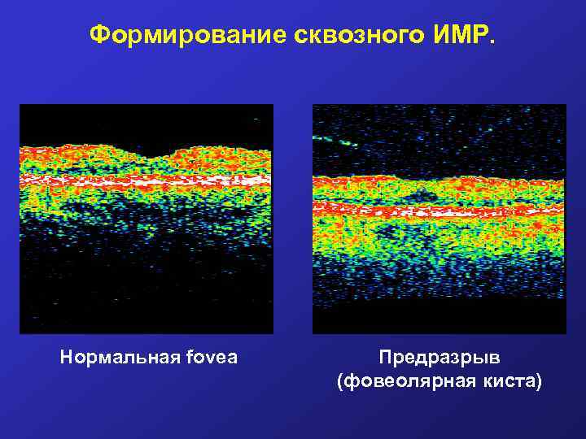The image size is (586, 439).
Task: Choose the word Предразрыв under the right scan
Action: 439,358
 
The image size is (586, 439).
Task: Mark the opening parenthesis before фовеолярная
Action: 340,380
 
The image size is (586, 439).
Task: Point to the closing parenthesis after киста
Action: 537,380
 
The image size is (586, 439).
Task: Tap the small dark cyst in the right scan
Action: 421,194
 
